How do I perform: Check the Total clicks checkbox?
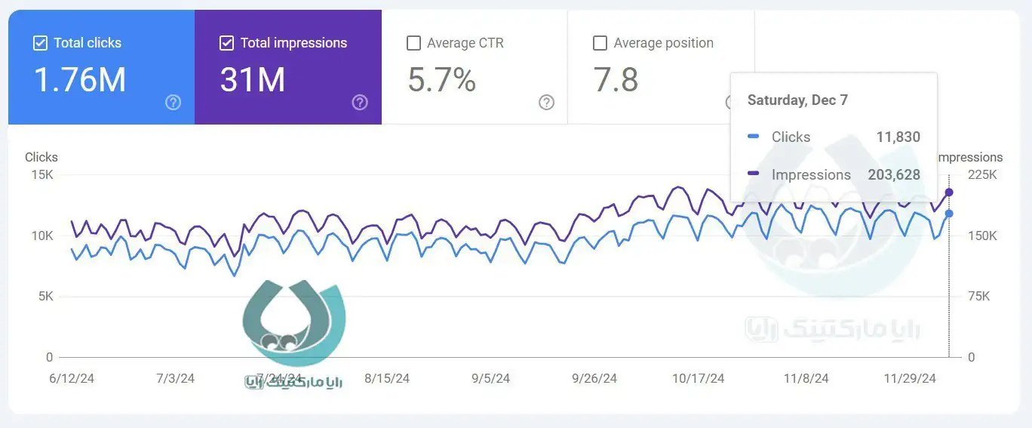[40, 43]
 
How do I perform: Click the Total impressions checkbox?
[226, 43]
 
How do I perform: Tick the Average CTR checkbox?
[413, 43]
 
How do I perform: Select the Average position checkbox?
[600, 43]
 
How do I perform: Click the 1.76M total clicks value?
[80, 80]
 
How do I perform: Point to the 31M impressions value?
[253, 80]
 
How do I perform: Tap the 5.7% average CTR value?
[442, 80]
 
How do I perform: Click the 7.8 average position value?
[616, 80]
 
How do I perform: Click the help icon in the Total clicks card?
[174, 103]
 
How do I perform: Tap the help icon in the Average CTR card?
[547, 103]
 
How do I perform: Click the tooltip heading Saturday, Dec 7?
[797, 100]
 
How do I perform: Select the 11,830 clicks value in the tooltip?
[898, 137]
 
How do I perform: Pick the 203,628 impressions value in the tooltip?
[894, 174]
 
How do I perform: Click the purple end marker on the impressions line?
[949, 192]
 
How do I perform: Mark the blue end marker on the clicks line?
[949, 214]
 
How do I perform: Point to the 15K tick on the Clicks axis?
[41, 175]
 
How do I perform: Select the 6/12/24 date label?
[72, 378]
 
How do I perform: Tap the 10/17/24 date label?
[698, 378]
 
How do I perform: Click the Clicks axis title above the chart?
[41, 157]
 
